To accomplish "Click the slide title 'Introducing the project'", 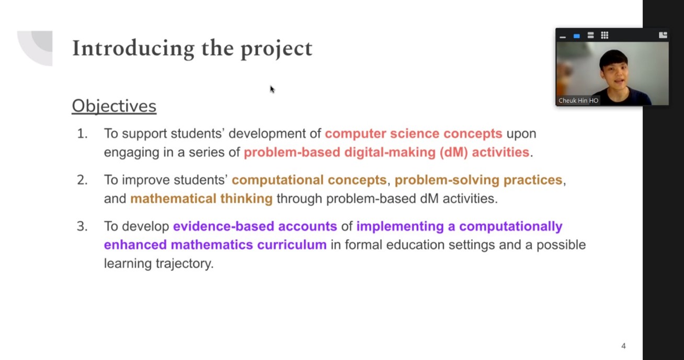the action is click(192, 49).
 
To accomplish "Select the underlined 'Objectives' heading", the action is click(114, 106).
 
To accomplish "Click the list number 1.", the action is click(82, 133).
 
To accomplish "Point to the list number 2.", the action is click(82, 180).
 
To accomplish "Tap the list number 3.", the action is click(82, 227).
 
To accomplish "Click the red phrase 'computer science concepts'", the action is click(414, 134).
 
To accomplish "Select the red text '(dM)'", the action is click(453, 152).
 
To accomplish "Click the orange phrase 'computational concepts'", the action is click(309, 180).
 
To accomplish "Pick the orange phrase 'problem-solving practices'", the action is click(478, 180).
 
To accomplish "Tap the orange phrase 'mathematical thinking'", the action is click(201, 199).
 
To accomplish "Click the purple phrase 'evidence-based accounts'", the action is click(255, 227).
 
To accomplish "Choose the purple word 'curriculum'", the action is click(292, 245).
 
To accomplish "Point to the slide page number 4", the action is click(623, 346).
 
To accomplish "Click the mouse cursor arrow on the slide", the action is click(272, 89).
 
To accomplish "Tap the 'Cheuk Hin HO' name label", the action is click(578, 100).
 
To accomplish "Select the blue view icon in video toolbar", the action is click(576, 36).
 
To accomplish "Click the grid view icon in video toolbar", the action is click(605, 36).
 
